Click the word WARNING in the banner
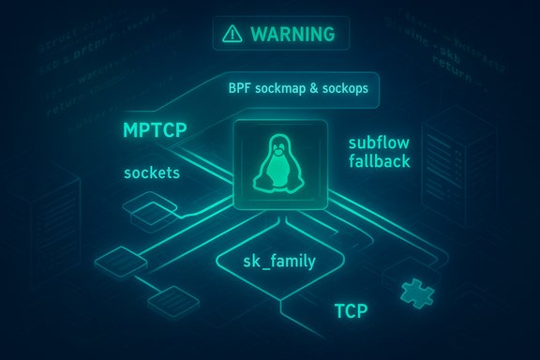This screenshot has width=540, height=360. [292, 35]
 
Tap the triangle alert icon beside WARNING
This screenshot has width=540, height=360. [232, 35]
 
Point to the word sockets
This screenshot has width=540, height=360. [151, 173]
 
